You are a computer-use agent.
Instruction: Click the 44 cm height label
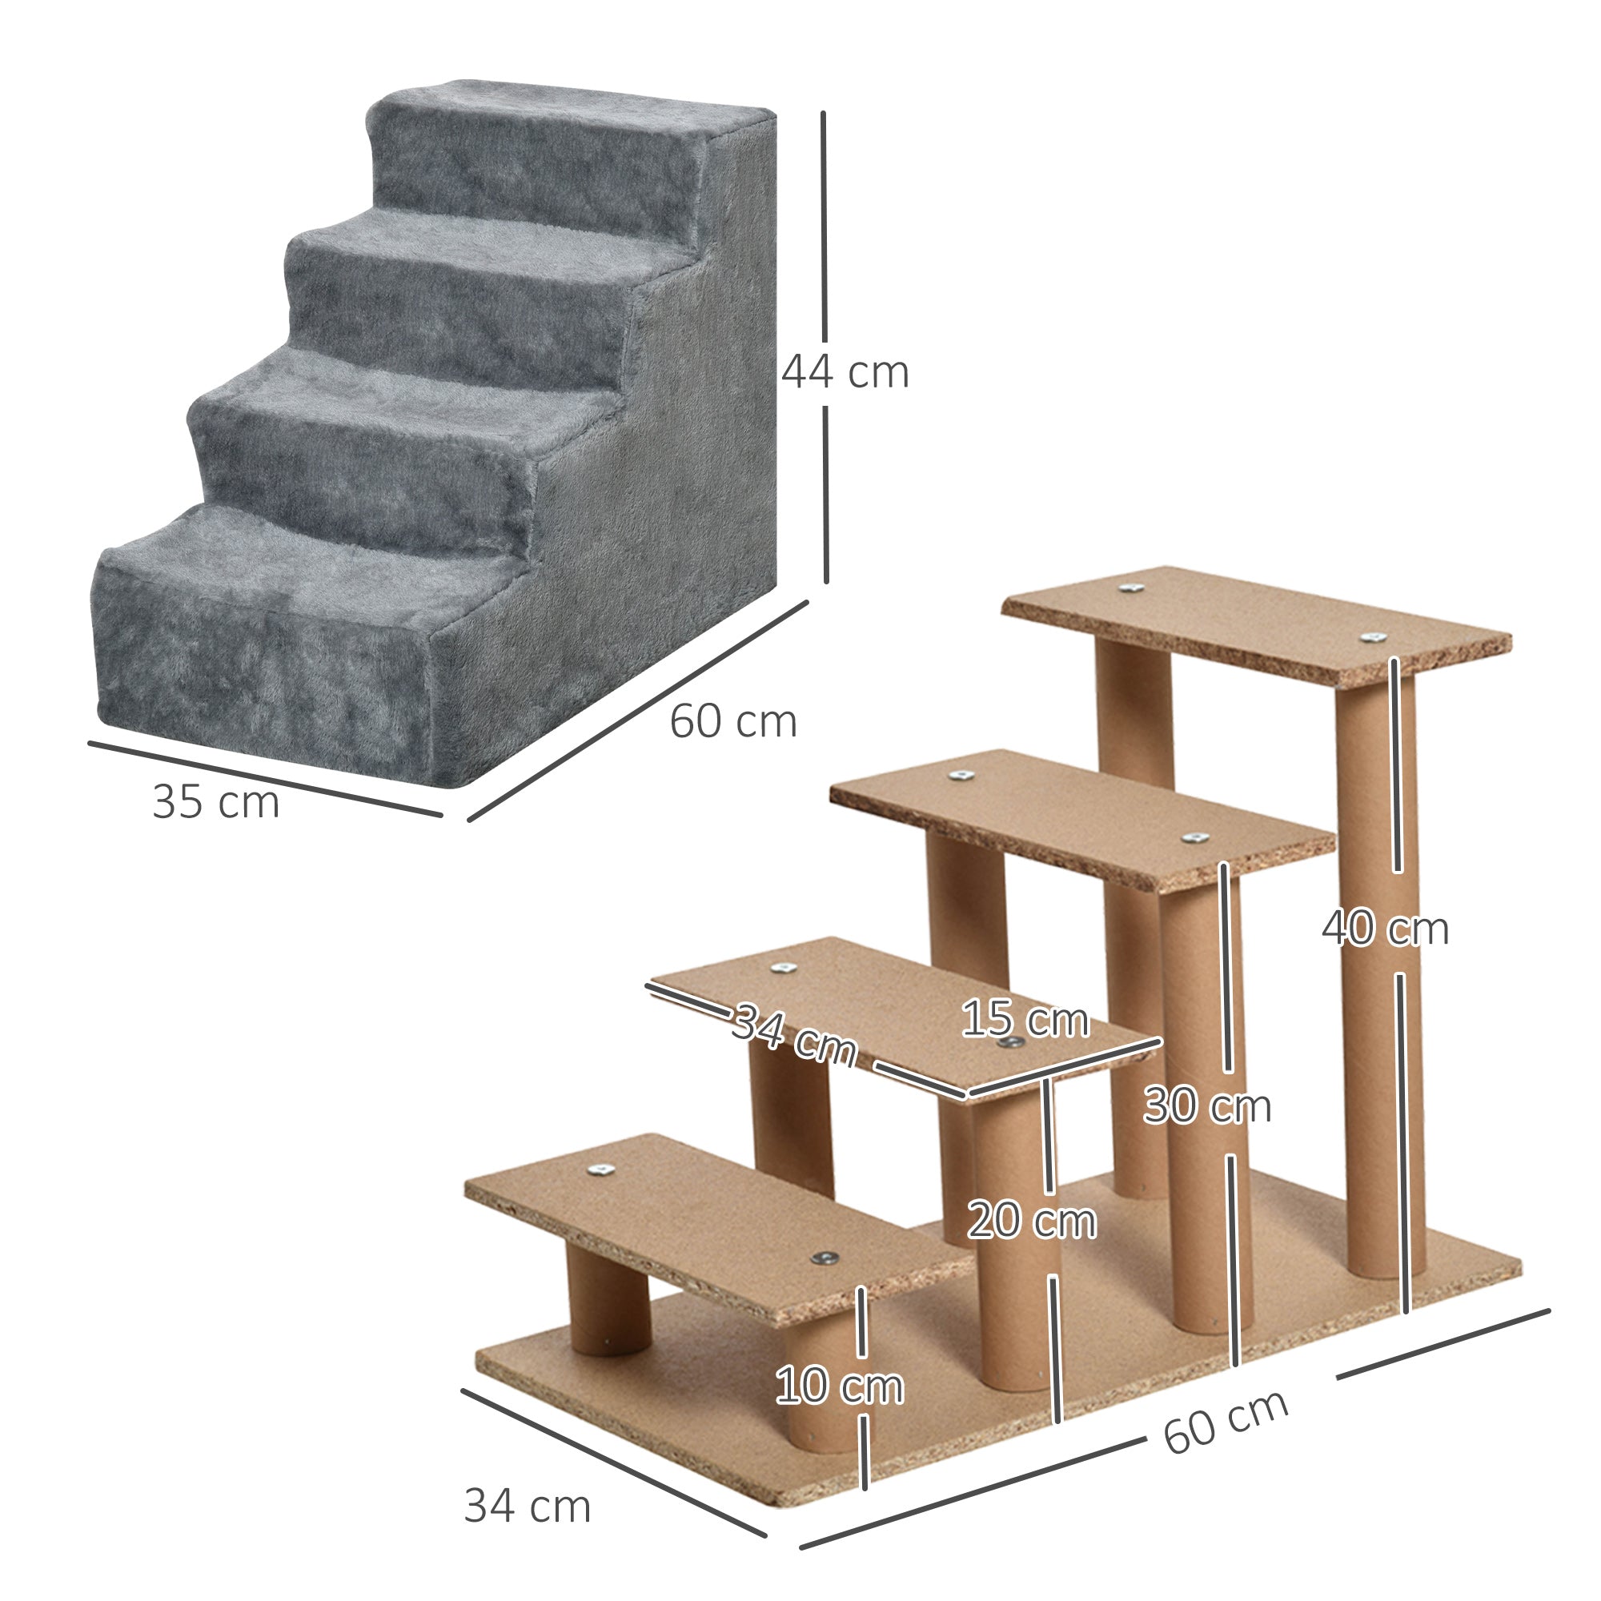(x=845, y=372)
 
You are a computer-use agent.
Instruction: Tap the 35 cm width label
(x=215, y=802)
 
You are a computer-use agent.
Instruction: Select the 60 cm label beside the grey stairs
(x=732, y=721)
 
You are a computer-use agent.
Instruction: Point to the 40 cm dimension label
(x=1385, y=928)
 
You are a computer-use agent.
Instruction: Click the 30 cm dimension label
(x=1206, y=1105)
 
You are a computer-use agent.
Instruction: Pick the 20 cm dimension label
(x=1031, y=1221)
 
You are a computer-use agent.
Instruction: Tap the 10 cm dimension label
(x=839, y=1386)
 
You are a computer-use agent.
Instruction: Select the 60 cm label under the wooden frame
(x=1225, y=1420)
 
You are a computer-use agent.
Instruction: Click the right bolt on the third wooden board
(x=1193, y=838)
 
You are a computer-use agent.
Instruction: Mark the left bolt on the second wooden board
(x=779, y=969)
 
